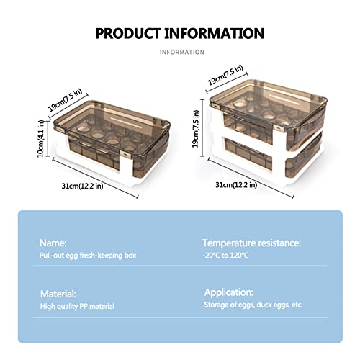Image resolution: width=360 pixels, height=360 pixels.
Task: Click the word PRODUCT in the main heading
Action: (128, 33)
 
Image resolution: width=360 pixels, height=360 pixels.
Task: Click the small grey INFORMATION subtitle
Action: (182, 52)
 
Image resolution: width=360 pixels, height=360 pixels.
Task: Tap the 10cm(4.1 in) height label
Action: (41, 139)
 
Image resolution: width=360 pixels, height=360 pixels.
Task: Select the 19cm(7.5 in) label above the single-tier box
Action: (66, 100)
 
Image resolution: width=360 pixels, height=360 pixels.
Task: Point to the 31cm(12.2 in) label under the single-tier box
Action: (82, 186)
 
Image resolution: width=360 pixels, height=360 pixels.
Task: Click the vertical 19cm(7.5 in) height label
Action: (196, 129)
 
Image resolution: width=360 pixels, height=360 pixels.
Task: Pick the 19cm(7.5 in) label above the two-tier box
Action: (225, 75)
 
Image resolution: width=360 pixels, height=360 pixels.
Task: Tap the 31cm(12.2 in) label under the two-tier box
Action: (236, 185)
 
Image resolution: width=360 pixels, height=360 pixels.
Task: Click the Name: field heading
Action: (53, 243)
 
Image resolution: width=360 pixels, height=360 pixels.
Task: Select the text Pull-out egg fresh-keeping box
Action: (88, 256)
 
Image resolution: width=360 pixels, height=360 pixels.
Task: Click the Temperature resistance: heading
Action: (251, 243)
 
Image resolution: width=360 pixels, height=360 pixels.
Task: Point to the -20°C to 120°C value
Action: (225, 255)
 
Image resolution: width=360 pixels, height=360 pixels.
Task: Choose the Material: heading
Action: (58, 294)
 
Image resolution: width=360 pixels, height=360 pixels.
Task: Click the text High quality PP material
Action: (77, 307)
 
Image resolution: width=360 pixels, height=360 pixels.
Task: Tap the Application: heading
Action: (229, 292)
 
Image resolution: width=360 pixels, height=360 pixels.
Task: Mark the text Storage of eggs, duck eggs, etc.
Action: (253, 305)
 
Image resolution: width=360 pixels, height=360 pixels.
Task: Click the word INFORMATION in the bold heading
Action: (215, 33)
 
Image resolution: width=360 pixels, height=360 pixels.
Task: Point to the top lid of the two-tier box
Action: (269, 103)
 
